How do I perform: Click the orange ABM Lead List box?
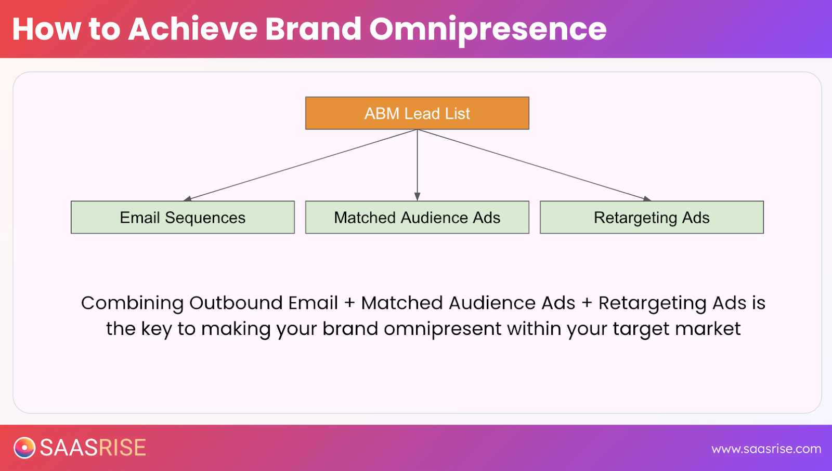417,113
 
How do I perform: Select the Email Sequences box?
183,218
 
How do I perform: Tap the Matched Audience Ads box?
417,218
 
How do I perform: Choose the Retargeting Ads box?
652,218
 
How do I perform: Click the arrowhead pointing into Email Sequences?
188,198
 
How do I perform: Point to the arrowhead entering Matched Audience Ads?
417,197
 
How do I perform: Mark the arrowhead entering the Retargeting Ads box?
646,198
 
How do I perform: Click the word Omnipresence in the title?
488,29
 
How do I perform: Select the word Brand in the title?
313,29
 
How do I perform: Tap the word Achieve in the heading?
193,29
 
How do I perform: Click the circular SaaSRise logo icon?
24,448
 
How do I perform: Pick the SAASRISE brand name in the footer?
93,448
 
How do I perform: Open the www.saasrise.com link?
766,449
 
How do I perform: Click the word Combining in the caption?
132,303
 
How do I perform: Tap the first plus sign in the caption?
349,303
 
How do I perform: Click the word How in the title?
46,29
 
